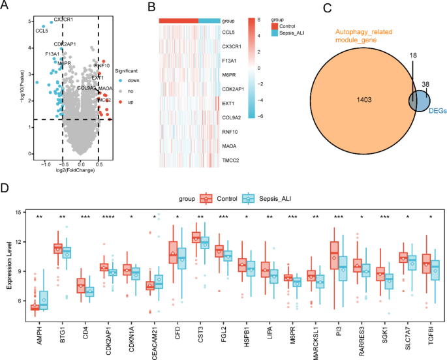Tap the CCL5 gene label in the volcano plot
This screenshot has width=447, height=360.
pos(42,31)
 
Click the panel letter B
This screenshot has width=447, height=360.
pos(151,7)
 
